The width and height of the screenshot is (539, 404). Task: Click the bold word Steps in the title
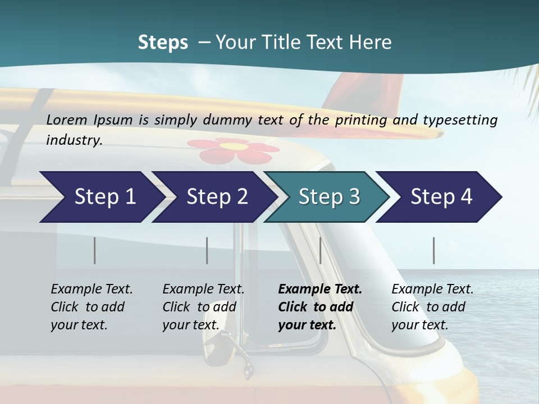click(x=163, y=43)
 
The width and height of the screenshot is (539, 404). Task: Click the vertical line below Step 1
click(x=95, y=250)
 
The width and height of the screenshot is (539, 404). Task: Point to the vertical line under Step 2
click(x=207, y=250)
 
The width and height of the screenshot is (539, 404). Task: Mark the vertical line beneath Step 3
click(x=321, y=250)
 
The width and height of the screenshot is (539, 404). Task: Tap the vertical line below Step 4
click(x=434, y=250)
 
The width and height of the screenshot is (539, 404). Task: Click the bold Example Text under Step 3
click(x=320, y=290)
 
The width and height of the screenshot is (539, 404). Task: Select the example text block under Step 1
click(x=92, y=307)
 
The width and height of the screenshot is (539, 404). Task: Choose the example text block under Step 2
click(x=203, y=307)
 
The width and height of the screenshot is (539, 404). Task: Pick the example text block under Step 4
click(x=432, y=307)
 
